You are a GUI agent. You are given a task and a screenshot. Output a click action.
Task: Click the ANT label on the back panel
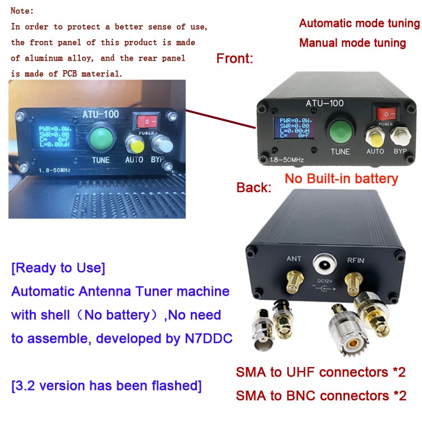(x=294, y=259)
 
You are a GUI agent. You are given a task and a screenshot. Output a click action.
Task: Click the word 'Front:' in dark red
(x=235, y=58)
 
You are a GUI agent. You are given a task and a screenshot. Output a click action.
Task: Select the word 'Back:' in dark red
(x=254, y=187)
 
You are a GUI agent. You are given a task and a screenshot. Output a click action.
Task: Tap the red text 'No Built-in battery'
(x=341, y=179)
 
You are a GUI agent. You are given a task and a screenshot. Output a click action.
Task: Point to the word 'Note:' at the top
(x=22, y=11)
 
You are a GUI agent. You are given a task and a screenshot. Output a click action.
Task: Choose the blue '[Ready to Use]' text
(x=58, y=268)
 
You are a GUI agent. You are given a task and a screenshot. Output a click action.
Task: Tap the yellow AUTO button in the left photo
(x=134, y=145)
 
